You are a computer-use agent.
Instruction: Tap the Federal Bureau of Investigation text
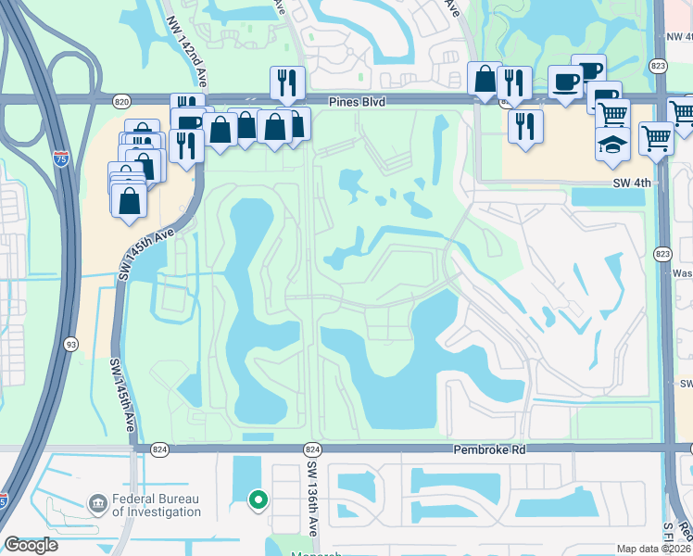[157, 505]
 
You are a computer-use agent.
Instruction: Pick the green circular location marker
[258, 501]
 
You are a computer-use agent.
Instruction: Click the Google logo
[31, 545]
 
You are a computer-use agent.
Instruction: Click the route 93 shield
[69, 345]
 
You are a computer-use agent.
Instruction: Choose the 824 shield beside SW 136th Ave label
[312, 449]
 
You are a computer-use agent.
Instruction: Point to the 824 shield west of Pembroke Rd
[159, 449]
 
